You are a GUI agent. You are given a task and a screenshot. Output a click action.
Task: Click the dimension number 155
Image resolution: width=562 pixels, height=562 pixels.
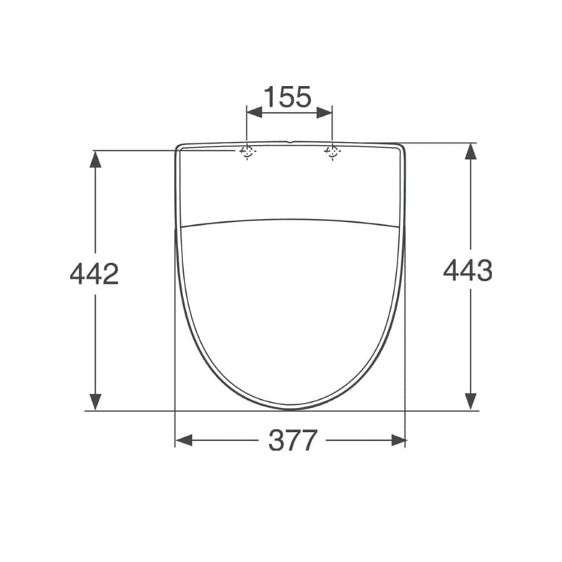click(288, 96)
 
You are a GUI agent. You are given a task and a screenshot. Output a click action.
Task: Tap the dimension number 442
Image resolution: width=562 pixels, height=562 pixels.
click(94, 274)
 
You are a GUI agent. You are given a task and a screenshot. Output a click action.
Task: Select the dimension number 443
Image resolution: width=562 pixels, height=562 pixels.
click(468, 271)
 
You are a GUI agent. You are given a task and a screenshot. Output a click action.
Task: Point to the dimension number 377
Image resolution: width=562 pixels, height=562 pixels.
click(293, 440)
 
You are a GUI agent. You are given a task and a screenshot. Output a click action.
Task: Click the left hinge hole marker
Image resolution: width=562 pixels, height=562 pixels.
click(247, 152)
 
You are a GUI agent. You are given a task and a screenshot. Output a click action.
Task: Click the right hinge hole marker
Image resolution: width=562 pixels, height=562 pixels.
click(333, 152)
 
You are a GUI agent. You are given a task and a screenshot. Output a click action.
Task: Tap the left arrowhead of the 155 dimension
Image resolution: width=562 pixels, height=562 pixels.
click(255, 113)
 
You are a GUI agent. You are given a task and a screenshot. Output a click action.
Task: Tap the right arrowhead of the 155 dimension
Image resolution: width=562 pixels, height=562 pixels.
click(324, 113)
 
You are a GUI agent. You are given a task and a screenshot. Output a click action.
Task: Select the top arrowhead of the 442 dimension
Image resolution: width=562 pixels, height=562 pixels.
click(95, 159)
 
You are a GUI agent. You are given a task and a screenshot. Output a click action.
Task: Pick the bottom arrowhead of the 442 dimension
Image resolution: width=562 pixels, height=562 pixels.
click(95, 401)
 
